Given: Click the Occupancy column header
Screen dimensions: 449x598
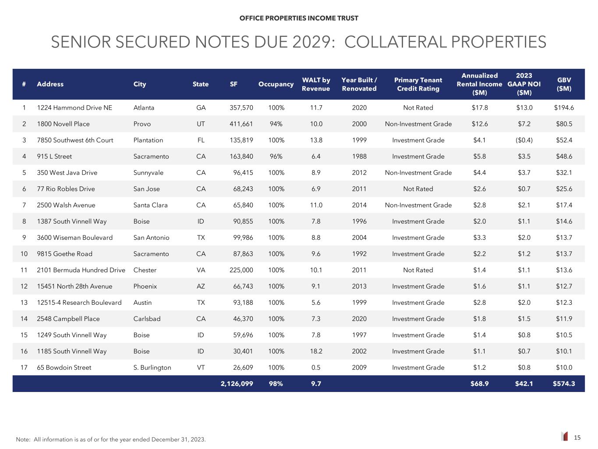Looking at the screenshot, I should (276, 84).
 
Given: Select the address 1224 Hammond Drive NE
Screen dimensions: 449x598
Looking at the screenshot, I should (74, 108).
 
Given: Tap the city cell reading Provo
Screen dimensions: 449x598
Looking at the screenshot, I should (142, 124).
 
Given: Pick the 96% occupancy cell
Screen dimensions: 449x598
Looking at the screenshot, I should (276, 157).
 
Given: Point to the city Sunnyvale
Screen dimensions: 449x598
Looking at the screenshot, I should (148, 173).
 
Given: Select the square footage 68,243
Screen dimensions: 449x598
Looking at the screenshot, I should (241, 189).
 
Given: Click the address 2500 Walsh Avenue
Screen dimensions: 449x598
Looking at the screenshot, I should (66, 205).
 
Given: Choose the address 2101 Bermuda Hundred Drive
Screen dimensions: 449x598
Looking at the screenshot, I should (81, 270).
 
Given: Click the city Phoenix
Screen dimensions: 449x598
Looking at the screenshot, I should (145, 286).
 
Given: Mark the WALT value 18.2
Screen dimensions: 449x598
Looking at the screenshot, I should (316, 351).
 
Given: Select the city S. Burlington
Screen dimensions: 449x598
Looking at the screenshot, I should (152, 367).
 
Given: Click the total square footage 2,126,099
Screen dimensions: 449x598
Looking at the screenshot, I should (237, 384).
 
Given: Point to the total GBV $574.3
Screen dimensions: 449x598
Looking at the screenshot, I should (564, 384).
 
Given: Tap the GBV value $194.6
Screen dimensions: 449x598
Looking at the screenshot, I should (564, 108).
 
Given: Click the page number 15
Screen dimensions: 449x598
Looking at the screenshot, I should (577, 437).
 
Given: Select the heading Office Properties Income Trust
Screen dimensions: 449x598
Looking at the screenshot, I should (299, 18).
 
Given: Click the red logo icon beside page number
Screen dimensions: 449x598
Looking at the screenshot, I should (565, 437).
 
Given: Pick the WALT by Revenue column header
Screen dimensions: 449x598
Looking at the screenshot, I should (316, 84).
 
